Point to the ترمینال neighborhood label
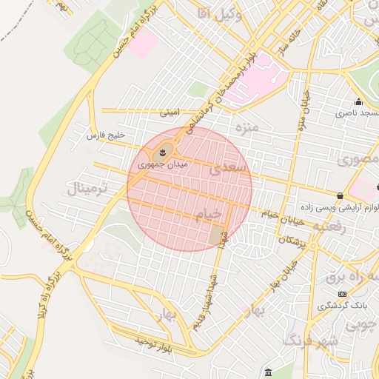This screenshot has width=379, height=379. click(x=87, y=188)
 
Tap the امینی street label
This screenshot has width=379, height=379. click(x=170, y=113)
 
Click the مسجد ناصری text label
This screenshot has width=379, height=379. click(x=355, y=113)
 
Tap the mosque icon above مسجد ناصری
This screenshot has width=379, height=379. click(x=358, y=102)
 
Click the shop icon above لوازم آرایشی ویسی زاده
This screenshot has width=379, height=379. click(x=340, y=196)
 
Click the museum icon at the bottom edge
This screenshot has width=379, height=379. click(x=267, y=372)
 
